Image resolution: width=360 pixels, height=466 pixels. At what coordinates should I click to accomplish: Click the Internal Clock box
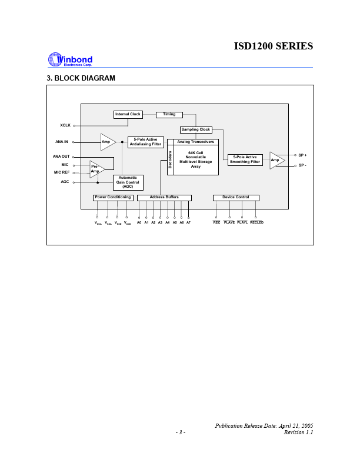coord(128,114)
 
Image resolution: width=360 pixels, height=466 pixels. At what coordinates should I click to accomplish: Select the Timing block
coord(169,114)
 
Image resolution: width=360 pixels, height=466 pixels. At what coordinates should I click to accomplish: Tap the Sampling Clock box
coord(196,129)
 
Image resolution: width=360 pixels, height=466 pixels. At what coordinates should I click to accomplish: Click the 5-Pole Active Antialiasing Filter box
coord(145,142)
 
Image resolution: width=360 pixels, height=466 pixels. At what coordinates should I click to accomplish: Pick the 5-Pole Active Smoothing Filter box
coord(245,159)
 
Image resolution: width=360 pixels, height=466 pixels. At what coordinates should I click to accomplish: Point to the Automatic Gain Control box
coord(128,182)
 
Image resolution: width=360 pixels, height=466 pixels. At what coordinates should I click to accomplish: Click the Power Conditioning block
coord(113,198)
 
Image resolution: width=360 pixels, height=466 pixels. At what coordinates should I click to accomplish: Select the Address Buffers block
coord(164,198)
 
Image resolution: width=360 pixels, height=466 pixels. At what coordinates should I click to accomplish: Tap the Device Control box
coord(236,198)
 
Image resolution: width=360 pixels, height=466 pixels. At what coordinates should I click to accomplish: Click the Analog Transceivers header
coord(196,142)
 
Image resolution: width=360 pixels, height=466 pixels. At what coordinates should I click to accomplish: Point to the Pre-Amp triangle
coord(96,169)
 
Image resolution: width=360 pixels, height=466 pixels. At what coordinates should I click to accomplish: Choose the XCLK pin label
coord(65,125)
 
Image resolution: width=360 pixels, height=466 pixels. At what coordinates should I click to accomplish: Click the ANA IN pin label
coord(62,142)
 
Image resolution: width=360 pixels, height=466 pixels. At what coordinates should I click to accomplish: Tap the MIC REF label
coord(62,172)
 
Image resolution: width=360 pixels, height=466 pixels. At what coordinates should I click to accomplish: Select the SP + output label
coord(302,155)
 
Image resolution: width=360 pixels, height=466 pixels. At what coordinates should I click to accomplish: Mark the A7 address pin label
coord(188,222)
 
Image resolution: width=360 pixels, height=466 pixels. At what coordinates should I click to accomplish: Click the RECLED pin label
coord(256,222)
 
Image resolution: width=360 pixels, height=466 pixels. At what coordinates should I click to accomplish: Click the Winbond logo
coord(70,59)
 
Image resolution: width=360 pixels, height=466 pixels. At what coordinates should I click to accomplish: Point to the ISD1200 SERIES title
coord(273,46)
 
